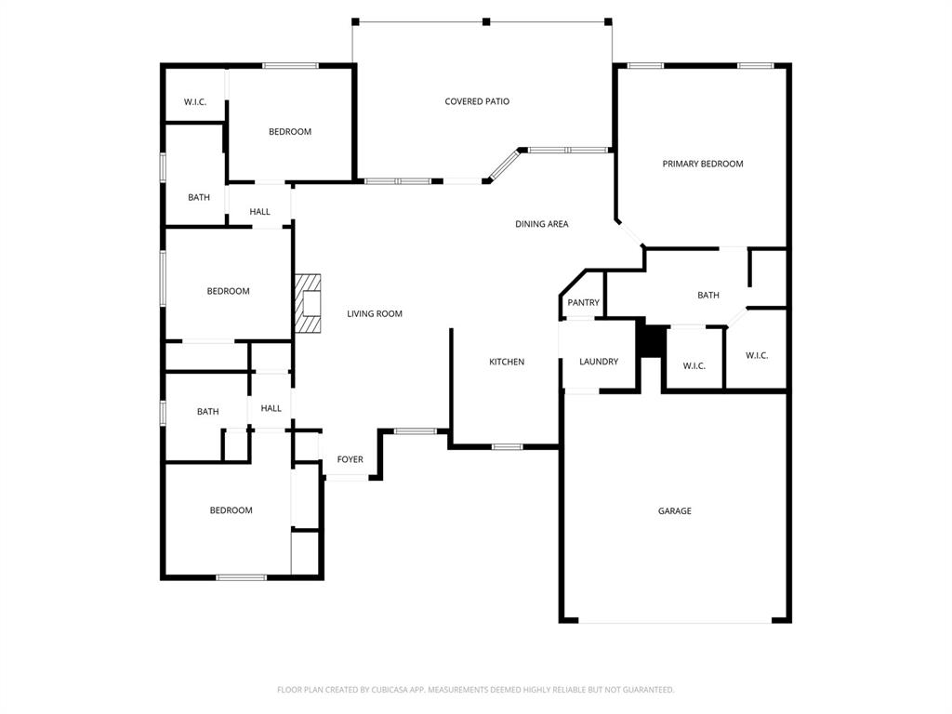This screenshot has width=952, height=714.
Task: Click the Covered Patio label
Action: tap(477, 101)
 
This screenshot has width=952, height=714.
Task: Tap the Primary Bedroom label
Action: tap(703, 164)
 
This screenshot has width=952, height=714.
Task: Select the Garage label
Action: tap(675, 510)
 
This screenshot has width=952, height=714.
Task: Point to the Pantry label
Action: tap(584, 302)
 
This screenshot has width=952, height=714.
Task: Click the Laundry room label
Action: tap(599, 362)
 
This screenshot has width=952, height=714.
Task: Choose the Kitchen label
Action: tap(507, 362)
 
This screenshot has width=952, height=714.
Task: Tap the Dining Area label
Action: tap(542, 224)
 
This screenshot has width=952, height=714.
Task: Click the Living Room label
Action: tap(375, 313)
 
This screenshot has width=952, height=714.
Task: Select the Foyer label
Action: tap(350, 459)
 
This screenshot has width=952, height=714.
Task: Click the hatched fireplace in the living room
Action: tap(308, 303)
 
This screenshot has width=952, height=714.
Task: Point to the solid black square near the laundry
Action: tap(652, 339)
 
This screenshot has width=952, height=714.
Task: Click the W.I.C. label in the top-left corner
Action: tap(195, 101)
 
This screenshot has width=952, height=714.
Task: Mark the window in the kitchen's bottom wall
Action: tap(507, 447)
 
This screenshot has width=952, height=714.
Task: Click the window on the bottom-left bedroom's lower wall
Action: tap(242, 577)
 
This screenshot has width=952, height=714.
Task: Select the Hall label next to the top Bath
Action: tap(260, 212)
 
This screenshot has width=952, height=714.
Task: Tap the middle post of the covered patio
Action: tap(485, 21)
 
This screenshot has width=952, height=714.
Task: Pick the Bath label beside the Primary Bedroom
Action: tap(708, 296)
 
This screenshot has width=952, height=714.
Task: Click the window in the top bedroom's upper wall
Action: tap(290, 65)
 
